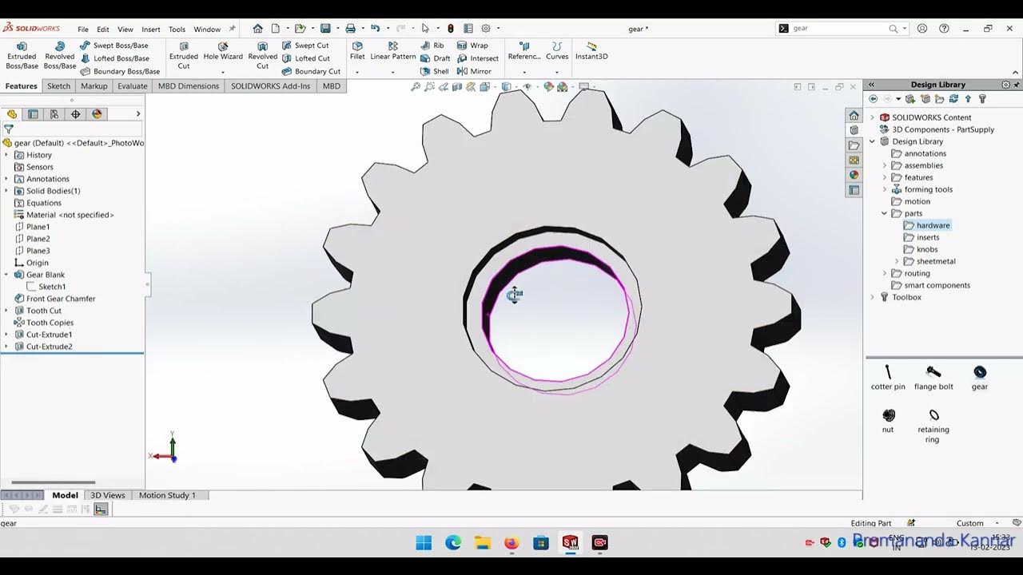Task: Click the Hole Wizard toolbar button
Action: coord(223,51)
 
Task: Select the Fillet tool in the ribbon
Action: coord(357,51)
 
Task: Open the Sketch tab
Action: coord(58,86)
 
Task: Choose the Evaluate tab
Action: coord(132,86)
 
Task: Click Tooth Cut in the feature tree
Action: coord(43,311)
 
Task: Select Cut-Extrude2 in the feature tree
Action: coord(49,347)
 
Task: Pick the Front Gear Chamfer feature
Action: coord(60,299)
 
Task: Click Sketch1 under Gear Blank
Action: coord(52,287)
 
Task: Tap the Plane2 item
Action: coord(38,239)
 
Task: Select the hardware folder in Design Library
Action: coord(933,225)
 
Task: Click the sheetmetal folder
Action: coord(935,261)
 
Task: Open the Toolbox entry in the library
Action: coord(906,297)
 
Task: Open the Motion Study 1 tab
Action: coord(167,495)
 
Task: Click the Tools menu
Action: coord(177,30)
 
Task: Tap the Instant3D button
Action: coord(591,51)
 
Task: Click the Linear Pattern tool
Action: coord(393,51)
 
